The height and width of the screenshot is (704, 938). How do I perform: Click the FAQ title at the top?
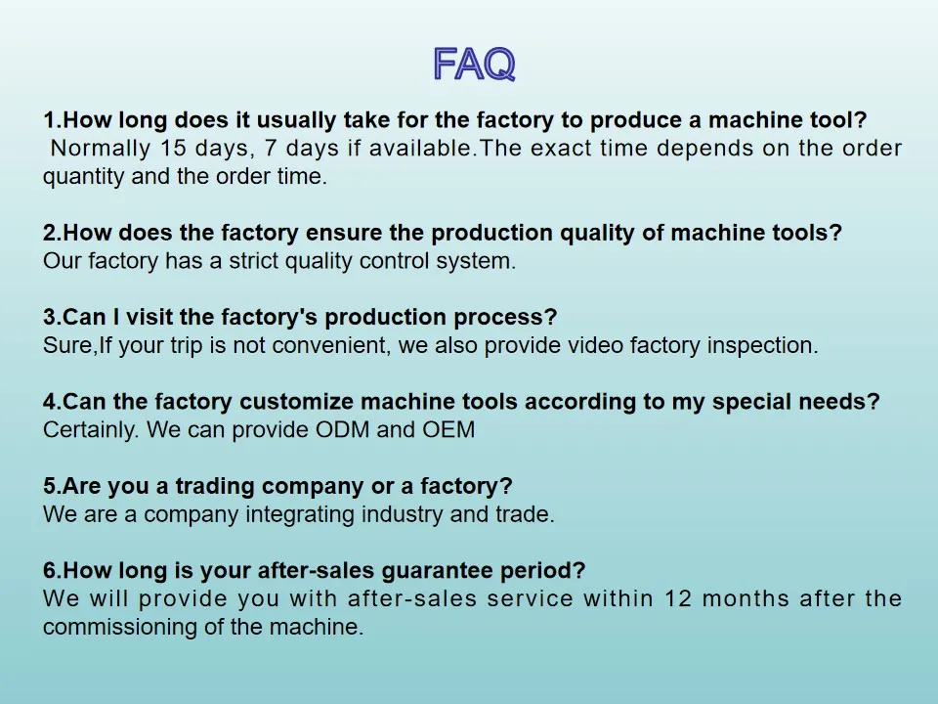(x=474, y=65)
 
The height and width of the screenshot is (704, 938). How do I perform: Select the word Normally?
(x=101, y=149)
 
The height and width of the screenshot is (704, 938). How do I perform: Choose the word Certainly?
(x=92, y=429)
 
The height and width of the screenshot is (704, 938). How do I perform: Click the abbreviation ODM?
(x=343, y=429)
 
